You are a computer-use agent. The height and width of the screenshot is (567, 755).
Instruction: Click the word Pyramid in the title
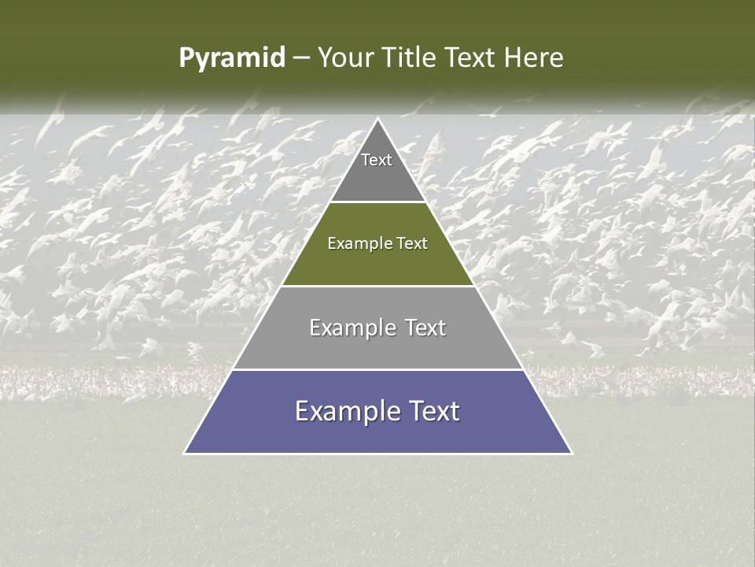coord(231,58)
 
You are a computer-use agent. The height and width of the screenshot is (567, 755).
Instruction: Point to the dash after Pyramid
coord(300,58)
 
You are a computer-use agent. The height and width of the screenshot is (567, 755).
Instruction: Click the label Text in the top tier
coord(377,160)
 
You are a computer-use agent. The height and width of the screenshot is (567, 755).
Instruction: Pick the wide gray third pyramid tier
coord(377,346)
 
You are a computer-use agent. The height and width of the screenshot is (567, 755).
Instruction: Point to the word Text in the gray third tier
coord(425,328)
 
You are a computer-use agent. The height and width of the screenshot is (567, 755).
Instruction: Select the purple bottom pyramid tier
coord(377,433)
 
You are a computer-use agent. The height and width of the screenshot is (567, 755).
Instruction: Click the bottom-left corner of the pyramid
coord(185,453)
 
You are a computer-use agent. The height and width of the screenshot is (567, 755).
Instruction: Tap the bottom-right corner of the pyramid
coord(571,453)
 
